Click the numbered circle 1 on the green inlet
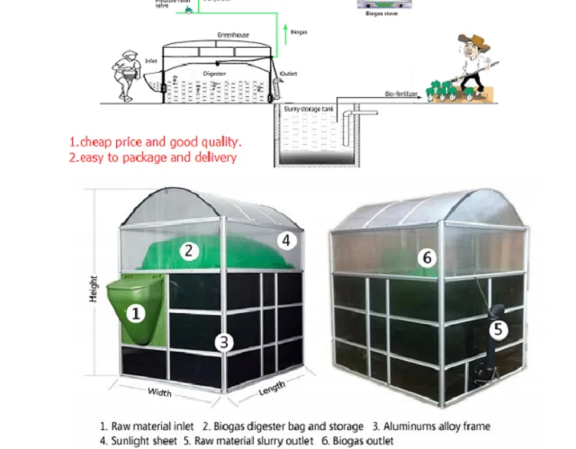point(135,314)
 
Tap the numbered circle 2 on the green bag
point(189,251)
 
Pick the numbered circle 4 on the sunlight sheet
point(286,240)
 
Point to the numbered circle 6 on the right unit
point(428,257)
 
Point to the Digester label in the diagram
point(214,72)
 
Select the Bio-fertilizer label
point(403,93)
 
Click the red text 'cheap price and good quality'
point(156,142)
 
